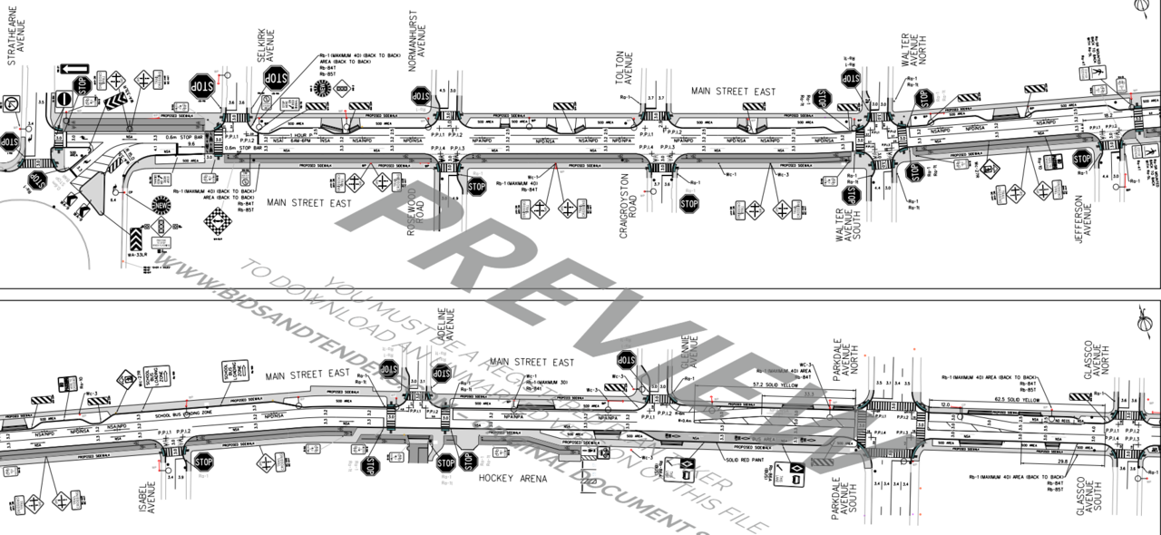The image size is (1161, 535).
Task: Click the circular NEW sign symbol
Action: click(x=162, y=205)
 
